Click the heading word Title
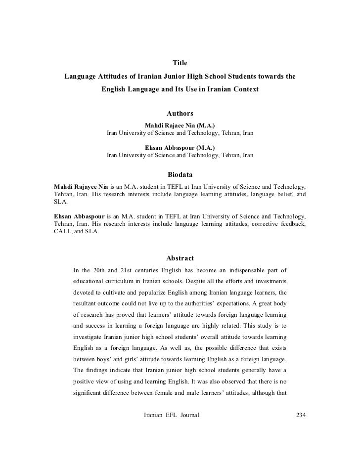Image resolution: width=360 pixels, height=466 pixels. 180,63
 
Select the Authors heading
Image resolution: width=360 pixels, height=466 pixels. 180,114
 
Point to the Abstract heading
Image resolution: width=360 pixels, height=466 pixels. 180,258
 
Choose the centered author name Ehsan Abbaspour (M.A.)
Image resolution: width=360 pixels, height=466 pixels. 180,147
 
